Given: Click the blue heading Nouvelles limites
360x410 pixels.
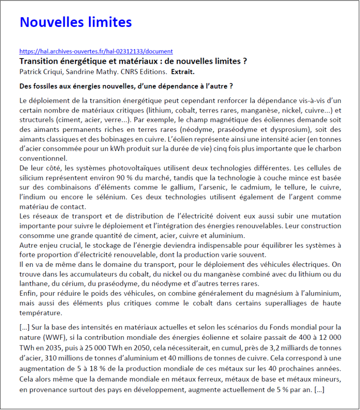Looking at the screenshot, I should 76,22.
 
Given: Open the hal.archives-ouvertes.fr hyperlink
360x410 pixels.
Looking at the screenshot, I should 96,51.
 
